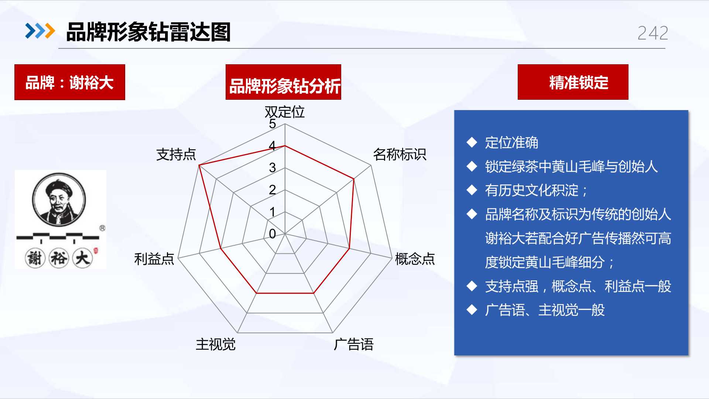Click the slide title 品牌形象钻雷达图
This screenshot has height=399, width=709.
click(148, 32)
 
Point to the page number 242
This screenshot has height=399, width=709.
click(653, 33)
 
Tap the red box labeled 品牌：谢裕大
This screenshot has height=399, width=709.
click(70, 82)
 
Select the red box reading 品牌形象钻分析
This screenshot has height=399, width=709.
click(283, 82)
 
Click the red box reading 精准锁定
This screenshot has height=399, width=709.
click(573, 82)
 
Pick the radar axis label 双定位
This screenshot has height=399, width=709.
click(284, 112)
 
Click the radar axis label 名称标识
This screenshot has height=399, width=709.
click(400, 154)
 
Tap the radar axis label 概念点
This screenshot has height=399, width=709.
click(415, 259)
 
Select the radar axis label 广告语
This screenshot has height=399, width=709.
click(353, 344)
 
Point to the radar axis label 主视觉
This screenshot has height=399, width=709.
click(216, 344)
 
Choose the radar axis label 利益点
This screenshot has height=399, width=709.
click(154, 259)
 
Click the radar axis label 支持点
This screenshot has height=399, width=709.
click(176, 154)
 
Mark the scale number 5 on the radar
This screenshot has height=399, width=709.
click(273, 124)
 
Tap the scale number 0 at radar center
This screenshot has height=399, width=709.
click(273, 233)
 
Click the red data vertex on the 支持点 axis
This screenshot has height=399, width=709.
click(199, 165)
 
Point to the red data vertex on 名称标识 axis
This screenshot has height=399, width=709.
click(354, 179)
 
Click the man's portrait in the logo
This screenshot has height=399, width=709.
click(59, 199)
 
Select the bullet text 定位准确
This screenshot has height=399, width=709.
click(511, 143)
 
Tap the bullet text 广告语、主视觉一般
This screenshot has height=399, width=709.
click(545, 310)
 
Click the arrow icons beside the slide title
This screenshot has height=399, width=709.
click(40, 31)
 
